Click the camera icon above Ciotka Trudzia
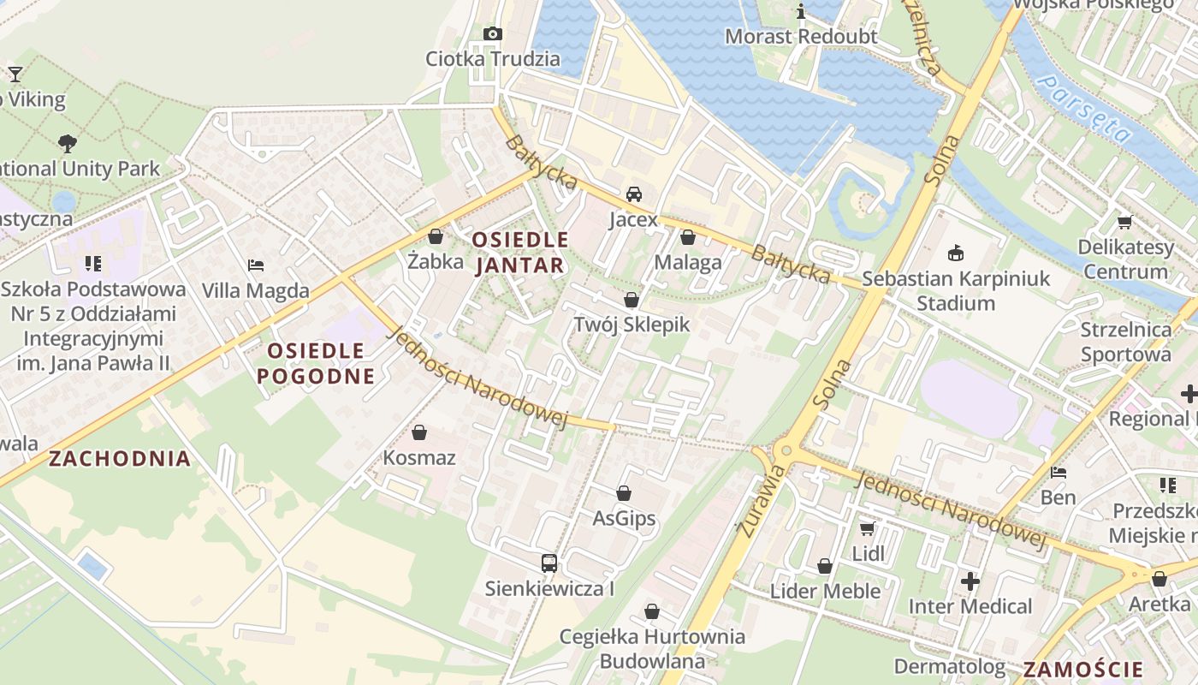click(493, 33)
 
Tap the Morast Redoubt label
click(801, 37)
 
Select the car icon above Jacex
click(633, 194)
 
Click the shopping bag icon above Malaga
click(688, 237)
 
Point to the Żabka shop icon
click(436, 236)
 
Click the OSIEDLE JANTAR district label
click(519, 252)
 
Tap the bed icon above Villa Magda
click(256, 265)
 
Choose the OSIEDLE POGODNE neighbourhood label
click(316, 363)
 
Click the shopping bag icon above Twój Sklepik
click(632, 300)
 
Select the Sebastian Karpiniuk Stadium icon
click(956, 253)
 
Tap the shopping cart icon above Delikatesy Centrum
click(1124, 223)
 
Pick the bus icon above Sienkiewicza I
click(549, 563)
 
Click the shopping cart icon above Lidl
click(868, 529)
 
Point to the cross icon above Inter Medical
click(970, 581)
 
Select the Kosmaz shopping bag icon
click(419, 433)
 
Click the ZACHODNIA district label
click(120, 458)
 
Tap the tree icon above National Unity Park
click(68, 143)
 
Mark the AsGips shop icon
click(624, 493)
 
